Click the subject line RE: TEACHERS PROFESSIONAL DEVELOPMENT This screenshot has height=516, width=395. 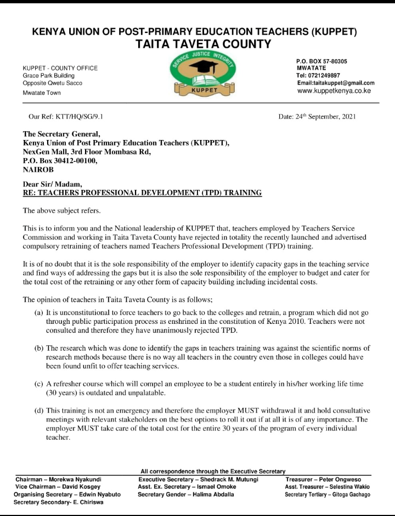[142, 193]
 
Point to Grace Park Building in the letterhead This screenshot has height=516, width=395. [48, 75]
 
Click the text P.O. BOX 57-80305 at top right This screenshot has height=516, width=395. [321, 61]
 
